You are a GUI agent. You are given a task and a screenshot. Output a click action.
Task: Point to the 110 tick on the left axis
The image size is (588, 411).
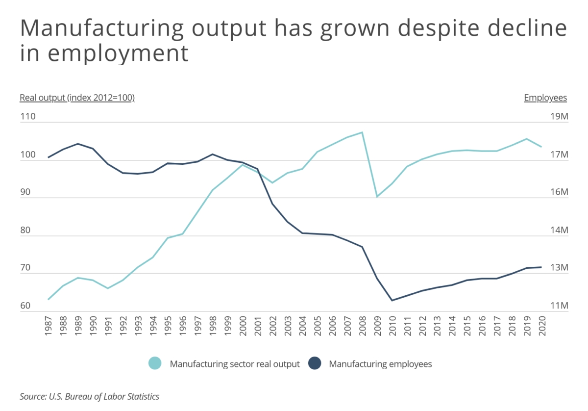point(28,118)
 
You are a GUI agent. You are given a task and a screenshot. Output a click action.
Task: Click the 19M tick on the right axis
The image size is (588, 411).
point(558,118)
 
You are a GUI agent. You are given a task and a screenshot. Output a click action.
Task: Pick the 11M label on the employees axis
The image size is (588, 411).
point(558,306)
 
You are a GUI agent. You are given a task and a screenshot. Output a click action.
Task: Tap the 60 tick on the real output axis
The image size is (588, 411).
point(25,306)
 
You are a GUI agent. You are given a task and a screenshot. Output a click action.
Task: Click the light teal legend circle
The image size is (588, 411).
point(155,364)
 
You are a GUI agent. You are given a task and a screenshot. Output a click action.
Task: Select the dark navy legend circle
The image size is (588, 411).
point(314,364)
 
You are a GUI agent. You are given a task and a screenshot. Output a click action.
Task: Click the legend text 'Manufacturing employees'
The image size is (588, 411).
point(380,364)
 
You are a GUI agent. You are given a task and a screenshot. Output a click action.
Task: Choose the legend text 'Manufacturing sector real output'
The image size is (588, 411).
point(235,364)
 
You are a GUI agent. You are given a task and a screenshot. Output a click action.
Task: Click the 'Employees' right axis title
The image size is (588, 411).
point(545,98)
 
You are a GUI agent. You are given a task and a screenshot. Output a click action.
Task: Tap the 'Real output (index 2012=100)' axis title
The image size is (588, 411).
point(77,98)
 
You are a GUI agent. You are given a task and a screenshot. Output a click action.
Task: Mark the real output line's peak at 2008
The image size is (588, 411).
point(362,132)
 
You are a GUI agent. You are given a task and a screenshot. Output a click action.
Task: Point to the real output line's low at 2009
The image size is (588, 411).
point(377,197)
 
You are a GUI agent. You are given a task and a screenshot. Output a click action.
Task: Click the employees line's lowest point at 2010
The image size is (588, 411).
point(392,300)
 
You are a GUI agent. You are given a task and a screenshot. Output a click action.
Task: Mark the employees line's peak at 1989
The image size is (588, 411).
point(78,144)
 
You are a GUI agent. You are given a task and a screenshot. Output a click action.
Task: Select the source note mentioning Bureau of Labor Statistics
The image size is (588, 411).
point(90,396)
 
